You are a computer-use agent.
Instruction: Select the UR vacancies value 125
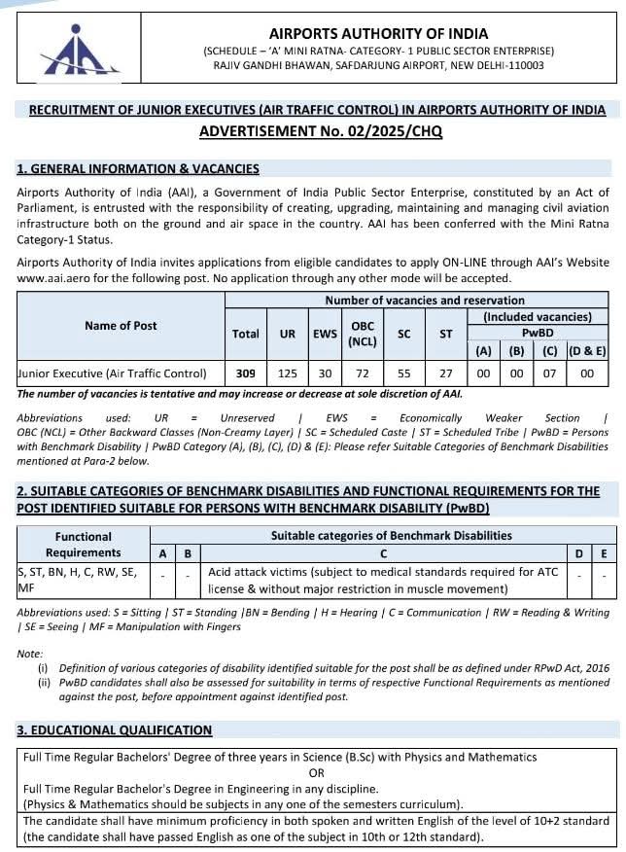(288, 373)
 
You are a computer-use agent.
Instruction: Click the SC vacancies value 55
(404, 373)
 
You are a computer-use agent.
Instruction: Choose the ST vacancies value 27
(446, 373)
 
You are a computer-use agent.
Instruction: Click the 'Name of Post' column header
(121, 325)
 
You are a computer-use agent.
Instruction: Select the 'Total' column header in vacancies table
(245, 334)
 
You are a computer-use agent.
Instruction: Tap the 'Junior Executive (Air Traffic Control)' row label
(113, 373)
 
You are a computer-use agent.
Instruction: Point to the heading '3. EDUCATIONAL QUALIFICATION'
(115, 729)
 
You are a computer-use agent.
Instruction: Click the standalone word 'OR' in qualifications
(316, 772)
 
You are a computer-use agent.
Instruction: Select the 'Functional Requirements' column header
(83, 545)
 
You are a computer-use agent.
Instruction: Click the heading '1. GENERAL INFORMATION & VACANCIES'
(138, 168)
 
